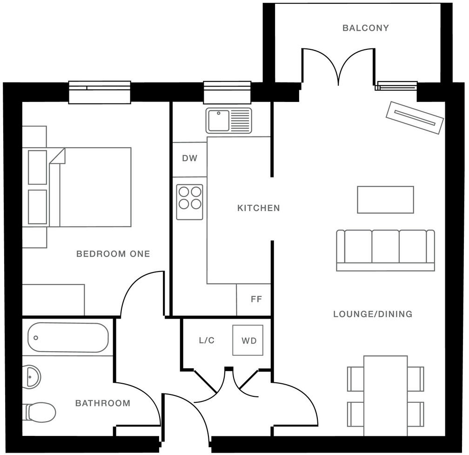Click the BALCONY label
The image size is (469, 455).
[x=365, y=28]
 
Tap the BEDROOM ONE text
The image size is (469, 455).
[x=113, y=254]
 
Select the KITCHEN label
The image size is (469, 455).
[x=259, y=208]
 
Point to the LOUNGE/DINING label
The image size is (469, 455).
[x=373, y=314]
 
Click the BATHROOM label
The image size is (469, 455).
[x=103, y=403]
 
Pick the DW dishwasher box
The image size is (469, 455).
[x=189, y=159]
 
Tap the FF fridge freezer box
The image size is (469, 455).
[x=255, y=299]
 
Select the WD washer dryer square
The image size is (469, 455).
[x=248, y=341]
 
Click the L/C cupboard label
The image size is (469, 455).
[x=207, y=340]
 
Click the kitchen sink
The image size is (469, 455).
[x=228, y=121]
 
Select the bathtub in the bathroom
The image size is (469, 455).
[x=68, y=338]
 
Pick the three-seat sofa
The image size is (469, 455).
[x=385, y=250]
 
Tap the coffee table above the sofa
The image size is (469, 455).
[x=385, y=200]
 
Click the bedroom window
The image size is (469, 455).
[x=100, y=92]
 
